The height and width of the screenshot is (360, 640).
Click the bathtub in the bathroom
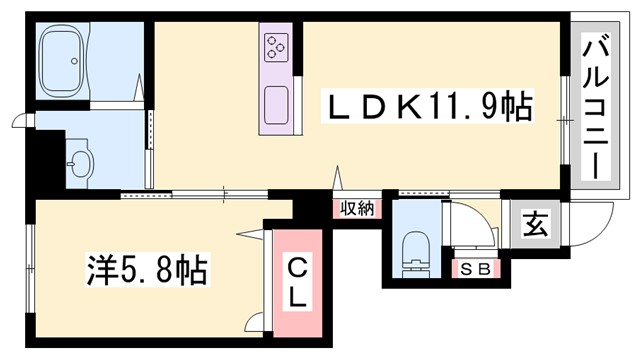coord(66,61)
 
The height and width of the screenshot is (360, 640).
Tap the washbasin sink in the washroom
coord(79,162)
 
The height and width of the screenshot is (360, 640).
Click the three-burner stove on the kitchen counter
coord(276,46)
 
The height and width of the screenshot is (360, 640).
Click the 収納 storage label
coord(356,208)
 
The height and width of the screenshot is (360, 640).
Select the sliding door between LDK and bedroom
coord(200,193)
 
